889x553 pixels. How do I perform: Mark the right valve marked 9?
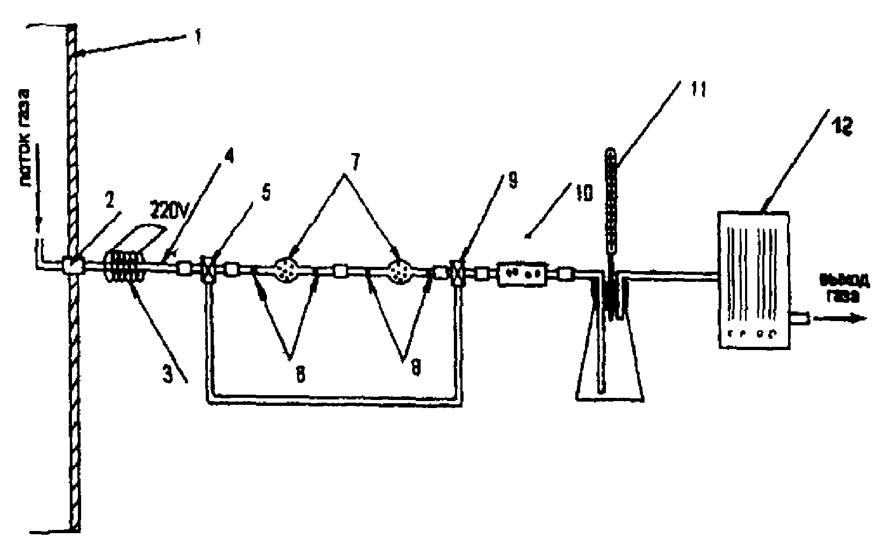458,272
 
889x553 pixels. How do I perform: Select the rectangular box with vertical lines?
753,279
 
